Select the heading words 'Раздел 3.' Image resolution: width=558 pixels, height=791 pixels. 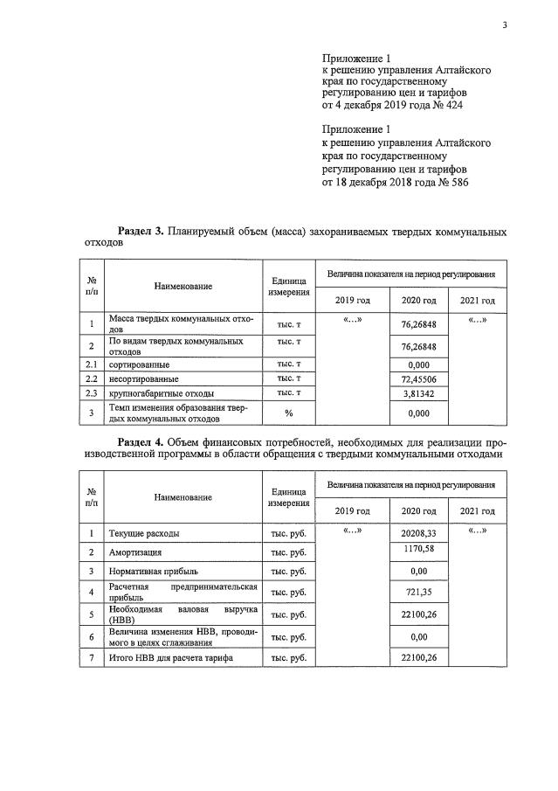(x=141, y=231)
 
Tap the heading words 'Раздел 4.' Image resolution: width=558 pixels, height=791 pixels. (x=141, y=441)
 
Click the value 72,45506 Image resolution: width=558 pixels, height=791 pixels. (x=417, y=378)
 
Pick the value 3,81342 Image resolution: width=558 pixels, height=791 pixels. (x=417, y=393)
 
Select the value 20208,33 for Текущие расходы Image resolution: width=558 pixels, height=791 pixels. (x=417, y=532)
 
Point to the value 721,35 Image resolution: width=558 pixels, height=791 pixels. (x=417, y=593)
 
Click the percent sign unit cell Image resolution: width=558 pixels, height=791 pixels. (x=288, y=413)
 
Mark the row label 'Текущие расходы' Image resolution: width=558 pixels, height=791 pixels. (x=145, y=532)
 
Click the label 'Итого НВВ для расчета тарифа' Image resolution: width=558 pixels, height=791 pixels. (x=172, y=657)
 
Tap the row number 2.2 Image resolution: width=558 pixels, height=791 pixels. (x=91, y=378)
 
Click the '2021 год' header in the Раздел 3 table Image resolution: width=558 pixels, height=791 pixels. (x=477, y=301)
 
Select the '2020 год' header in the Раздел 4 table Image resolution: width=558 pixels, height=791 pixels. (x=417, y=510)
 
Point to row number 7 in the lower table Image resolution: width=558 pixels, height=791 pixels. (x=91, y=657)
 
